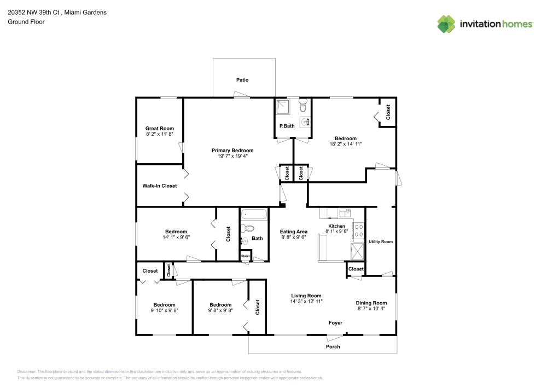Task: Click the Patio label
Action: click(242, 80)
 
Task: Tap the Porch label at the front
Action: click(333, 346)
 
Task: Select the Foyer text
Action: click(335, 323)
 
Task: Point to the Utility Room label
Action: click(381, 241)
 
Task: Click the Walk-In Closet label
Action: click(159, 186)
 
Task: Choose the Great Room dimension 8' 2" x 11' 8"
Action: click(160, 134)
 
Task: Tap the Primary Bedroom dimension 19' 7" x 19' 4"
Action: click(232, 156)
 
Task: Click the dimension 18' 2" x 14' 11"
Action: click(346, 144)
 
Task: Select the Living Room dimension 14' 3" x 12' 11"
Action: click(306, 302)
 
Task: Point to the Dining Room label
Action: click(371, 303)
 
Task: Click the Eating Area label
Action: click(294, 232)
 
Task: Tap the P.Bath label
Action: click(287, 126)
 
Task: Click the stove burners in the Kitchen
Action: click(359, 230)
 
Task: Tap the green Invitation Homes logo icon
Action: click(446, 24)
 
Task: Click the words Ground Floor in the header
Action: click(26, 22)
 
